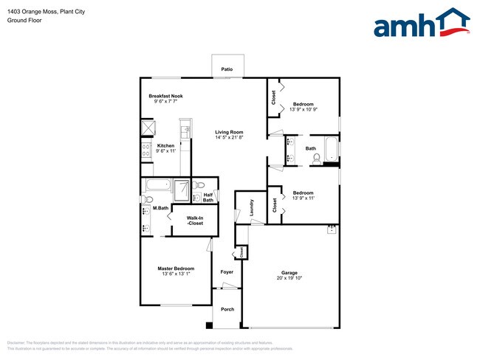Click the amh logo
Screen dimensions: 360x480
[x=421, y=24]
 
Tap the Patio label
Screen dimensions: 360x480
[x=227, y=69]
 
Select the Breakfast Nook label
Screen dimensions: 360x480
[x=165, y=96]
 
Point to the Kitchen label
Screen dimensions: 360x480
[x=166, y=145]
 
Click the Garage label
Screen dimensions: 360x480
[x=289, y=272]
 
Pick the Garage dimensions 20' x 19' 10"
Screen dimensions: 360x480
[x=289, y=278]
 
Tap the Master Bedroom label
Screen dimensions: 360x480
[x=176, y=268]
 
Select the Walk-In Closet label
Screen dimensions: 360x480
[x=195, y=220]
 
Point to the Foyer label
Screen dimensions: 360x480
[x=227, y=272]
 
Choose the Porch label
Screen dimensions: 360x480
[x=227, y=309]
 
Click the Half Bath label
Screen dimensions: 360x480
[x=208, y=198]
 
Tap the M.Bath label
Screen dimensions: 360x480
[x=160, y=209]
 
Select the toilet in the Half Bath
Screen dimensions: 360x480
[x=200, y=185]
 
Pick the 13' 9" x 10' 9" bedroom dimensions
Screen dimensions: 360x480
[x=303, y=110]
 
